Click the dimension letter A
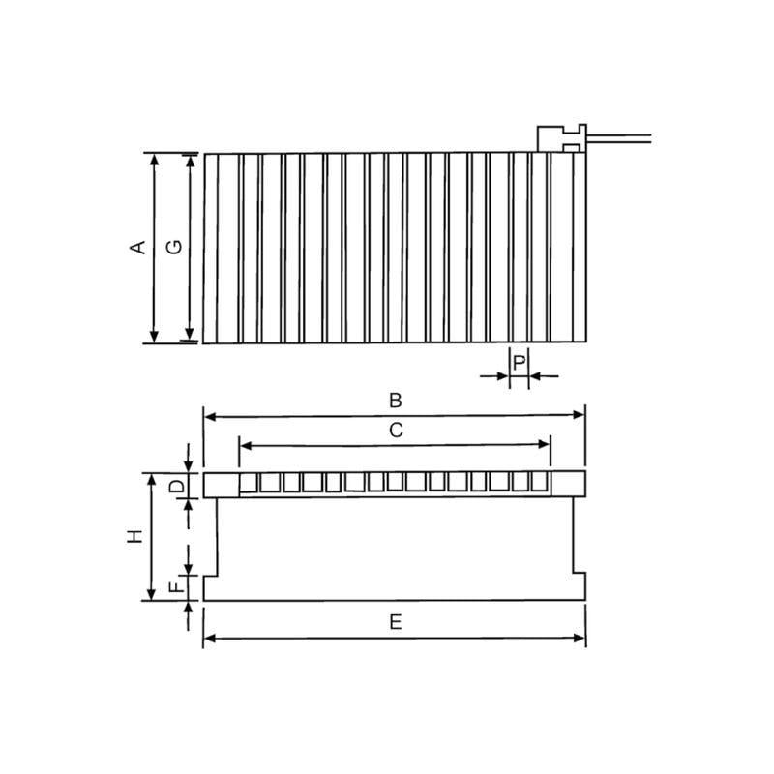[x=138, y=247]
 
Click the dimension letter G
[x=174, y=247]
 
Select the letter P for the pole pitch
[x=520, y=363]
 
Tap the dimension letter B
[x=395, y=400]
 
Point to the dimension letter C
[x=395, y=431]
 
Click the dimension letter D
[x=176, y=485]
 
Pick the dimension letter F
[x=176, y=587]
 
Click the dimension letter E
[x=395, y=622]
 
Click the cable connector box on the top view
[x=561, y=137]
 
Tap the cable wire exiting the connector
[x=619, y=137]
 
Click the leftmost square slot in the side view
[x=249, y=483]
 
